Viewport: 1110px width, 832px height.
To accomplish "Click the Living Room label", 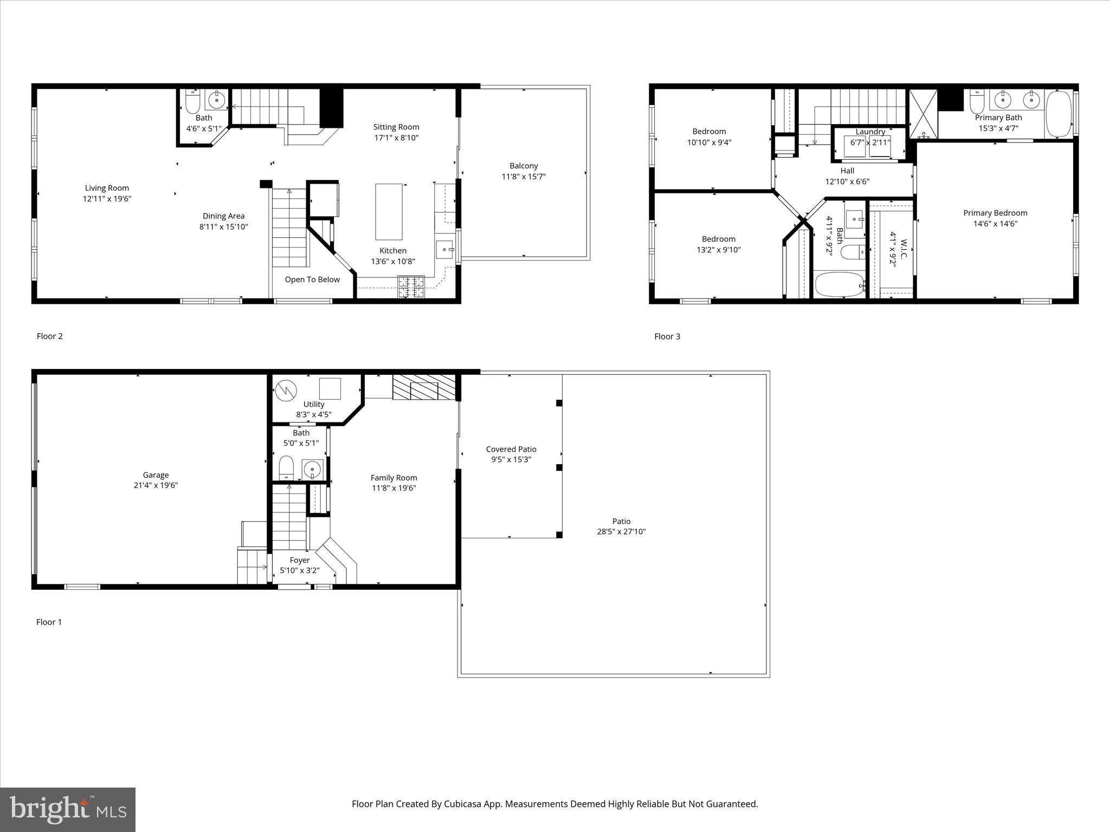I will pos(107,188).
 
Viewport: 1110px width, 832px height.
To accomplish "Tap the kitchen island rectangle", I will pos(389,212).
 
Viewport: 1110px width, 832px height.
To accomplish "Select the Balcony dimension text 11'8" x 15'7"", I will pos(524,177).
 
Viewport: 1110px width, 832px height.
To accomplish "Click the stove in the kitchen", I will pos(411,287).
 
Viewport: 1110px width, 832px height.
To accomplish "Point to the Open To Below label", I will pos(312,279).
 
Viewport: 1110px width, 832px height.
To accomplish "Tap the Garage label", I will pos(156,475).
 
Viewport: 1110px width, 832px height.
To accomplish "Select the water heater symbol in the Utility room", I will pos(286,389).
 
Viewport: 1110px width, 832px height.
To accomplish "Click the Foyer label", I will pos(300,560).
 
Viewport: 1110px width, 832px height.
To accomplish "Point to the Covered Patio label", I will pos(511,449).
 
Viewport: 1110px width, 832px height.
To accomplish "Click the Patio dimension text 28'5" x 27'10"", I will pos(621,532).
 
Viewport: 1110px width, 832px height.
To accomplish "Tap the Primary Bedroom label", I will pos(995,213).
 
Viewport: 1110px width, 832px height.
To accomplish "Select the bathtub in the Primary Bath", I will pos(1059,114).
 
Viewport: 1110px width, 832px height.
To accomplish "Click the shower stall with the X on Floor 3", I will pos(923,114).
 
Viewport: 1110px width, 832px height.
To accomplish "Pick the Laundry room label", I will pos(870,132).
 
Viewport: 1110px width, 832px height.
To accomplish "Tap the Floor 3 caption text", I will pos(667,336).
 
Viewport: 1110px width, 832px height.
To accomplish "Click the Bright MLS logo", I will pos(68,810).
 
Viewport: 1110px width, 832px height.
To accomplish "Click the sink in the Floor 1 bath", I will pos(313,469).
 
